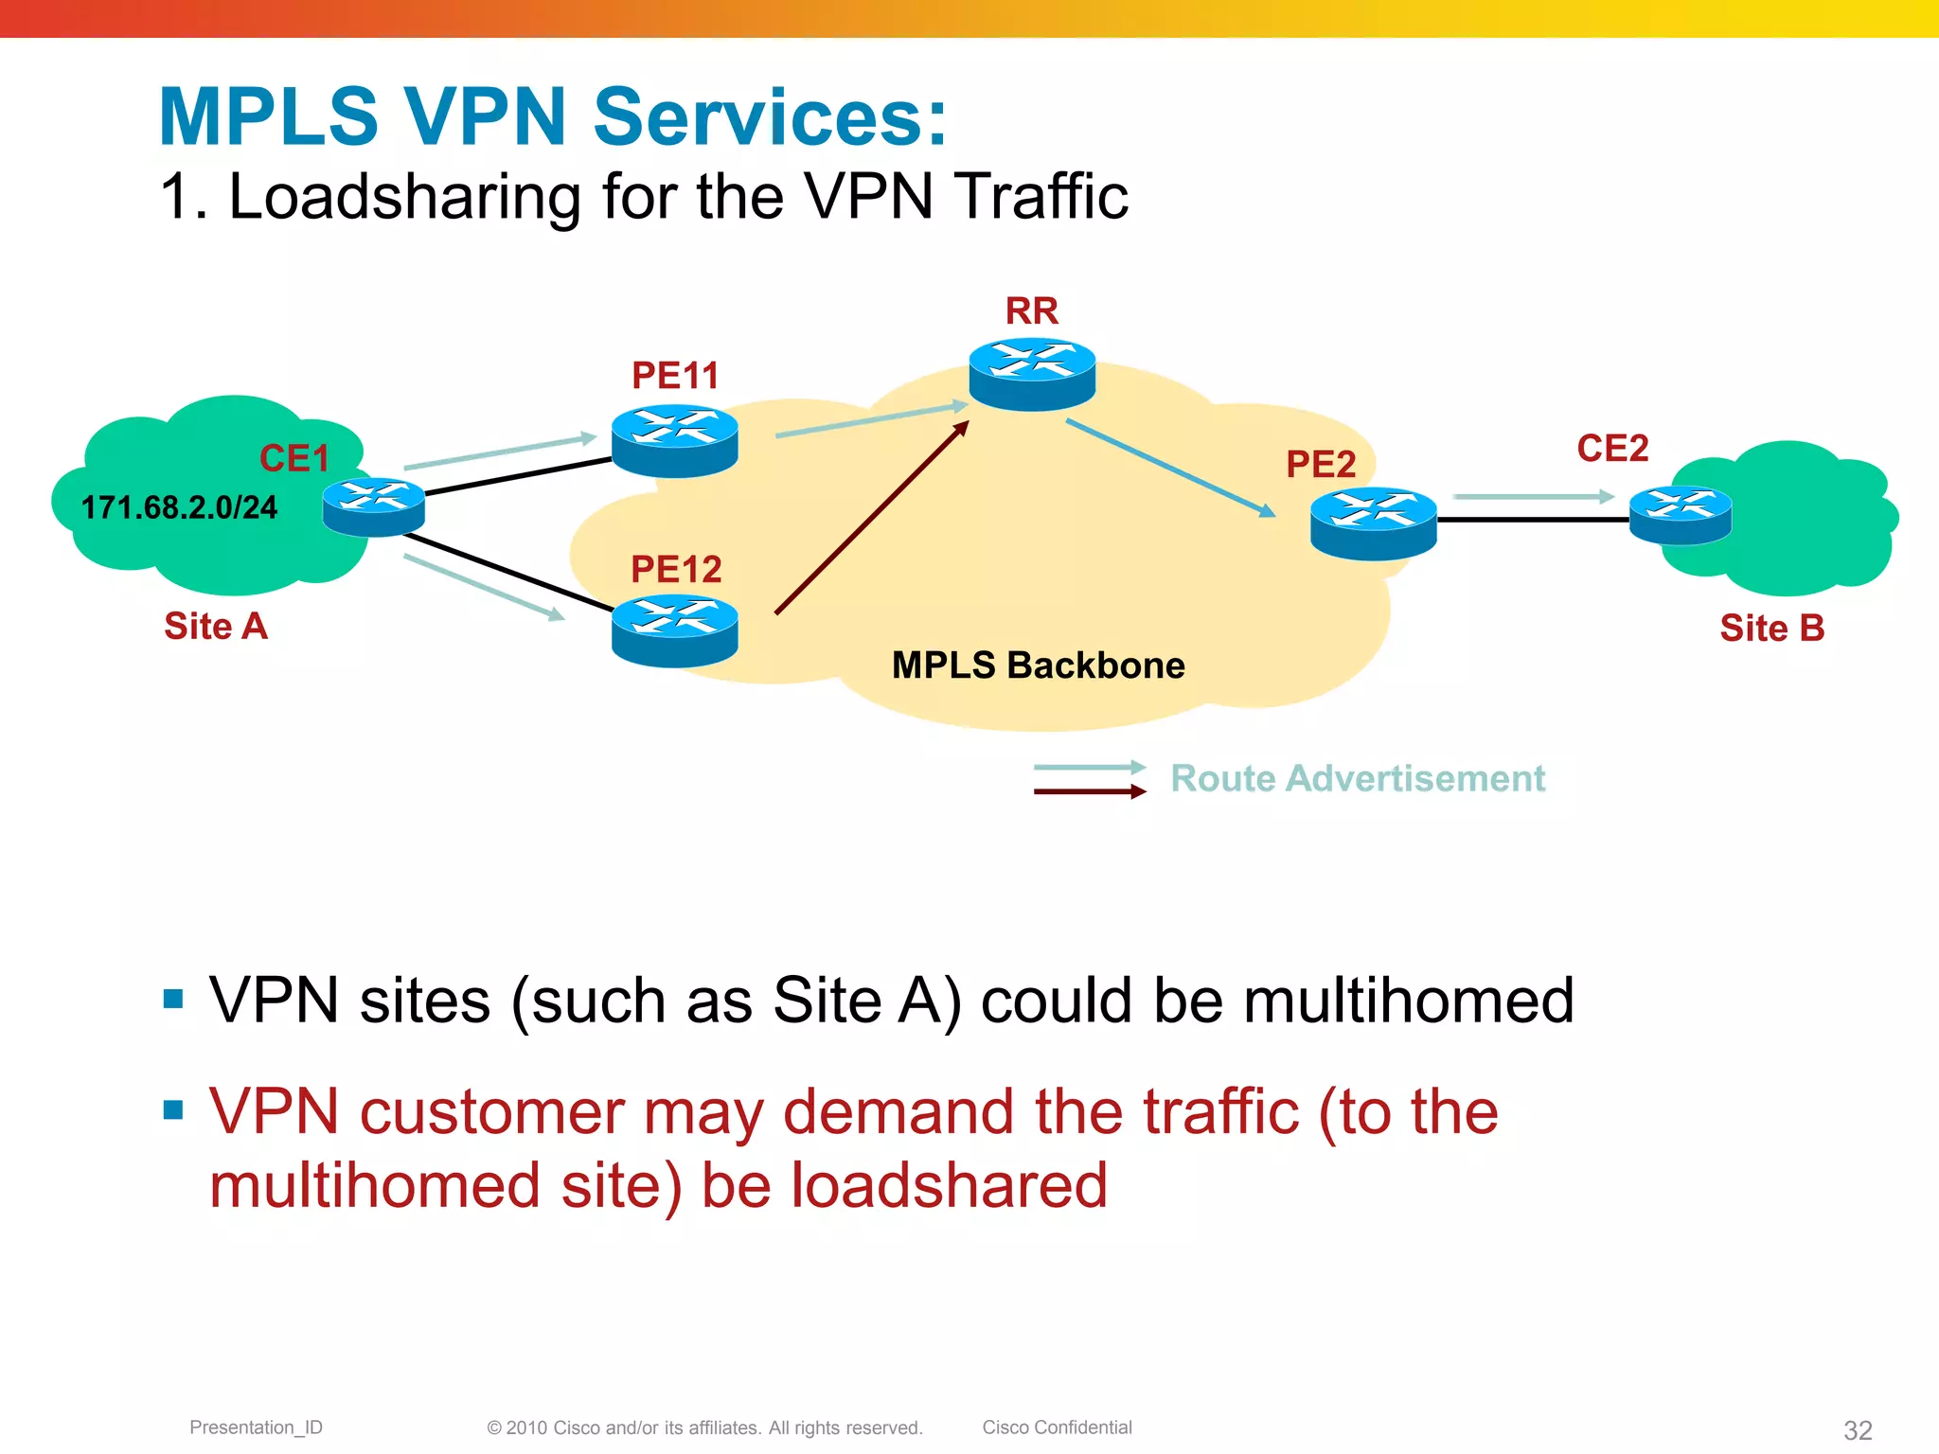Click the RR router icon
[x=1032, y=375]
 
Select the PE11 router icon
[x=674, y=440]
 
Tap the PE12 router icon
[x=674, y=630]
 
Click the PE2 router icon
[x=1373, y=523]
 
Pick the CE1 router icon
[x=373, y=507]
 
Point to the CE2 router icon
[x=1680, y=515]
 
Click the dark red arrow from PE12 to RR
[x=871, y=519]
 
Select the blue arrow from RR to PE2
[x=1170, y=469]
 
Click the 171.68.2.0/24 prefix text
[x=179, y=508]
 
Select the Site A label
[x=216, y=627]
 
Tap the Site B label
[x=1771, y=629]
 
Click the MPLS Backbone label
[x=1038, y=665]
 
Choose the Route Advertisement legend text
[x=1357, y=778]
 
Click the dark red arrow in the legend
[x=1089, y=792]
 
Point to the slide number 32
[x=1858, y=1429]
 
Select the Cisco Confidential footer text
[x=1057, y=1427]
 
